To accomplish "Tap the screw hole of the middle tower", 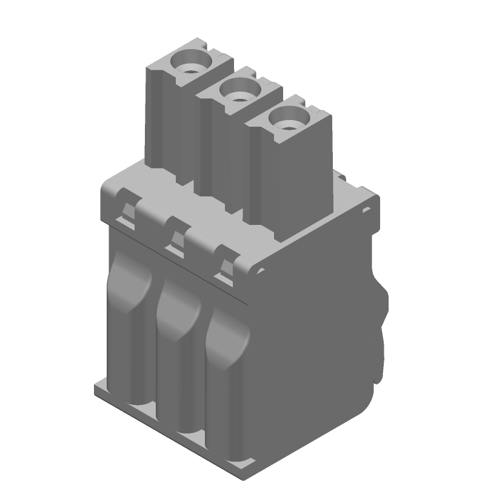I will point(239,91).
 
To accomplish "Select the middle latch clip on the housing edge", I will point(178,237).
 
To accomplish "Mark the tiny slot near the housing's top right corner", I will point(366,210).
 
